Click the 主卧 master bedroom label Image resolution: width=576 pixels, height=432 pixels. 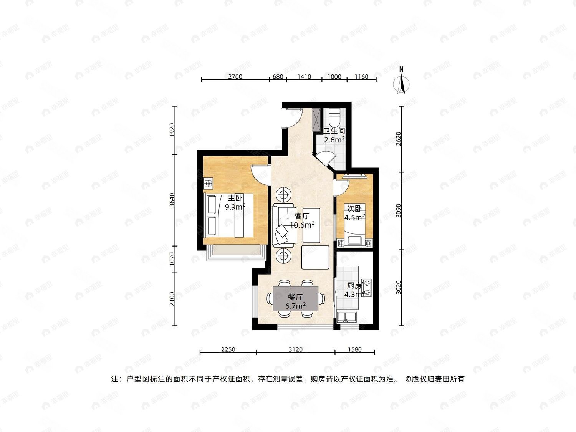coord(235,198)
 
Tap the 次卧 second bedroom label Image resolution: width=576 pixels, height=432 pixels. coord(354,209)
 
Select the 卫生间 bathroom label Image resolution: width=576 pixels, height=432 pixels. coord(334,131)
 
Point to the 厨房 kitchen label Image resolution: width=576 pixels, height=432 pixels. coord(354,286)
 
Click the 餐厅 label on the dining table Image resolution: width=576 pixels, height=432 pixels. coord(296,297)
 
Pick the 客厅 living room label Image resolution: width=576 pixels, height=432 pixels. coord(302,216)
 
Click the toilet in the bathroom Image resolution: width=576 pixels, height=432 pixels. coord(334,116)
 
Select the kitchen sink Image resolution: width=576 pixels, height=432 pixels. coord(346,317)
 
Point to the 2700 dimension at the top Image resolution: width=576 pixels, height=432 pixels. coord(235,76)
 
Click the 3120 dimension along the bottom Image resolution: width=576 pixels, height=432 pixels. coord(296,349)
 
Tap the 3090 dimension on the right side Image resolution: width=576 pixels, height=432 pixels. coord(399,210)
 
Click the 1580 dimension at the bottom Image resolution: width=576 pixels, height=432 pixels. coord(354,349)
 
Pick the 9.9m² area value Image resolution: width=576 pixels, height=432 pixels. coord(235,207)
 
